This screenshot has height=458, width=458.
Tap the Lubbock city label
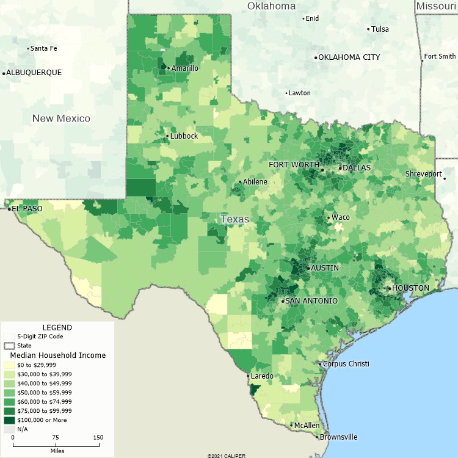pyautogui.click(x=184, y=136)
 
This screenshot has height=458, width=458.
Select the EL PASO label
pyautogui.click(x=27, y=209)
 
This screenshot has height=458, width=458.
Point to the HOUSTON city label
pyautogui.click(x=410, y=288)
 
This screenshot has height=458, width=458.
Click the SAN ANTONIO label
pyautogui.click(x=311, y=301)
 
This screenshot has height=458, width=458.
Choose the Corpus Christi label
pyautogui.click(x=346, y=364)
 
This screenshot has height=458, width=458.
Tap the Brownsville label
pyautogui.click(x=337, y=437)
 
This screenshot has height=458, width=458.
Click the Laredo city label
pyautogui.click(x=262, y=376)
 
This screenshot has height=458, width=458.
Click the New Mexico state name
pyautogui.click(x=61, y=118)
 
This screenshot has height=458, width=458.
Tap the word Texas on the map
pyautogui.click(x=235, y=219)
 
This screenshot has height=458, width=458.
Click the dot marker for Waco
pyautogui.click(x=329, y=217)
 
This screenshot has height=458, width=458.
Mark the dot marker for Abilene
pyautogui.click(x=240, y=182)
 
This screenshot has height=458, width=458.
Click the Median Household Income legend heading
pyautogui.click(x=58, y=355)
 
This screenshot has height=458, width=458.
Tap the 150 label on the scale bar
pyautogui.click(x=98, y=438)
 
